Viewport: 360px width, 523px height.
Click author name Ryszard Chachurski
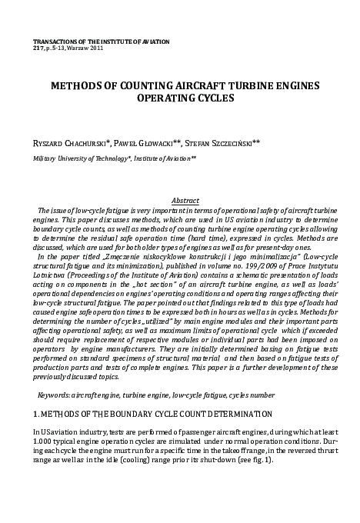point(75,143)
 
